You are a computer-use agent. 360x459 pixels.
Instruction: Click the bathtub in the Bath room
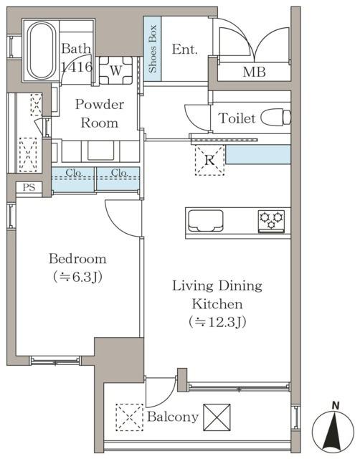click(42, 50)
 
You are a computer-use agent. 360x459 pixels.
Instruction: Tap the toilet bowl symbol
click(275, 117)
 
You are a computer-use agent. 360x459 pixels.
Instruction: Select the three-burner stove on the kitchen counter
click(271, 221)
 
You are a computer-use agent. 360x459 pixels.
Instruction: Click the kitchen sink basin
click(205, 221)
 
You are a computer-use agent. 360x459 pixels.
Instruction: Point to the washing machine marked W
click(116, 70)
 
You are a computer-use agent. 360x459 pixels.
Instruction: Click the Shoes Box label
click(153, 49)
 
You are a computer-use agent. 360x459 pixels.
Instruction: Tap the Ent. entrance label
click(185, 49)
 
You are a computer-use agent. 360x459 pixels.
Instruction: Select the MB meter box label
click(254, 72)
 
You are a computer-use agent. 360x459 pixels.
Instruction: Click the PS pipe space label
click(29, 187)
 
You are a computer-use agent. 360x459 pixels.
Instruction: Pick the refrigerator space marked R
click(209, 160)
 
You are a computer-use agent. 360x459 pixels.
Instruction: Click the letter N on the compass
click(336, 406)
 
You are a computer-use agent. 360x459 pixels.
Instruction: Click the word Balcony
click(173, 417)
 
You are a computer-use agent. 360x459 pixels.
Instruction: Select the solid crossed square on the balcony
click(217, 417)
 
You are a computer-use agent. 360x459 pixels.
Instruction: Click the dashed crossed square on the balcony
click(129, 417)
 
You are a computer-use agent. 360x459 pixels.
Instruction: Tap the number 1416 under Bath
click(77, 67)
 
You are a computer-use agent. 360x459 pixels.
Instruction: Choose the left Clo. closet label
click(74, 173)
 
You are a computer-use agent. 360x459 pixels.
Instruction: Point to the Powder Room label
click(100, 113)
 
